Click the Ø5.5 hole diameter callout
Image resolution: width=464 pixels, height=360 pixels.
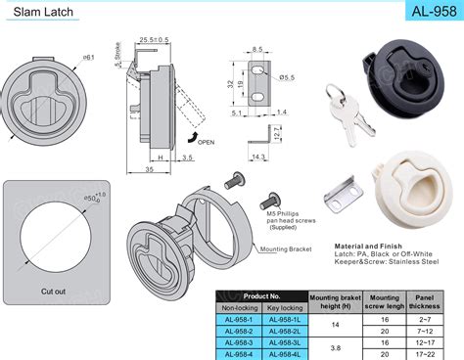point(287,78)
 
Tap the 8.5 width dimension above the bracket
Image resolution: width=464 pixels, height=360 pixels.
point(256,48)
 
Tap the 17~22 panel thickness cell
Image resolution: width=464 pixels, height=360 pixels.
point(428,353)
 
